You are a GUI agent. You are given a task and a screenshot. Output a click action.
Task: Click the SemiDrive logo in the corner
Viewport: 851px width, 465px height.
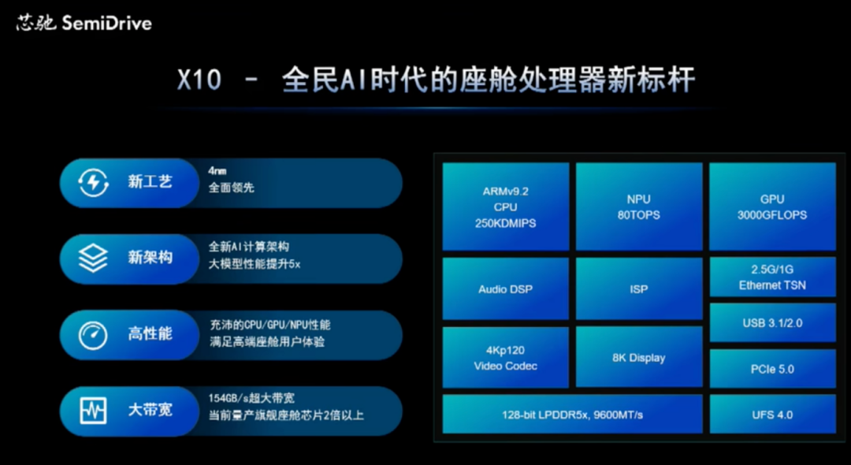[x=84, y=23]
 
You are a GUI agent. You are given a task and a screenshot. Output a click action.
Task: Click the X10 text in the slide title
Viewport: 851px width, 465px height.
[x=199, y=80]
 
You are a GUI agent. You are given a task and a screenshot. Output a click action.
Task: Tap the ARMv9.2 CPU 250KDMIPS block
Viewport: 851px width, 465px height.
[x=505, y=207]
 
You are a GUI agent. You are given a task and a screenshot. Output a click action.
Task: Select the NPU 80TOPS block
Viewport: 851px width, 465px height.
[x=638, y=207]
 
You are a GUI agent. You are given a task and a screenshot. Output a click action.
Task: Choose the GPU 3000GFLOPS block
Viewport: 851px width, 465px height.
[x=772, y=207]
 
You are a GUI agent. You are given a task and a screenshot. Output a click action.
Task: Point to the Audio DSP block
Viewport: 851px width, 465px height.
[x=505, y=288]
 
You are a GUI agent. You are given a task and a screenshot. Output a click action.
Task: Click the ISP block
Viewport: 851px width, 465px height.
[x=638, y=288]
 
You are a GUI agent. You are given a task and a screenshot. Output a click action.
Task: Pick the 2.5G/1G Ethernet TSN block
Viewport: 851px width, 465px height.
[x=772, y=277]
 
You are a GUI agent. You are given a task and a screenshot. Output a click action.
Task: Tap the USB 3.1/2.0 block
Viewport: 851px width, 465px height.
[x=772, y=323]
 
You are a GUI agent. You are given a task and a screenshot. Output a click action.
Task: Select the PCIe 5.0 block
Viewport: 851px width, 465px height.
[x=772, y=369]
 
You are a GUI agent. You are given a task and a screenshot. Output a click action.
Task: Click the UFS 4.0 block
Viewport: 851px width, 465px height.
[x=772, y=415]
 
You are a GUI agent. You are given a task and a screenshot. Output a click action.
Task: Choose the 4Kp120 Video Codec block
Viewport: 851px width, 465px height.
[x=505, y=357]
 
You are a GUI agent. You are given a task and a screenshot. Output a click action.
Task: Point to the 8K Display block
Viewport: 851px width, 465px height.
[x=638, y=357]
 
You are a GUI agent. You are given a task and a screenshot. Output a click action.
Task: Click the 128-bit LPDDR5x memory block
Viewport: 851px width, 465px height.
[x=572, y=415]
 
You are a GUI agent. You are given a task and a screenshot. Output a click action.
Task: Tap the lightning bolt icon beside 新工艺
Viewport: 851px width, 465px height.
[x=93, y=183]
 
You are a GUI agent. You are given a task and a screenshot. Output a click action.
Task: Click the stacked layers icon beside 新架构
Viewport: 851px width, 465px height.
[x=93, y=258]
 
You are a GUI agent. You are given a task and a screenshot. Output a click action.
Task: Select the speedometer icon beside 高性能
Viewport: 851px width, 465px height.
[x=93, y=334]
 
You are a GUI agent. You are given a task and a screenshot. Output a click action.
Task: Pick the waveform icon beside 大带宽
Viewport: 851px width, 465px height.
[x=93, y=411]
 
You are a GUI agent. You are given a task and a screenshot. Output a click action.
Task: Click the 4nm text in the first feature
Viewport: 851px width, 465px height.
[x=217, y=170]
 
